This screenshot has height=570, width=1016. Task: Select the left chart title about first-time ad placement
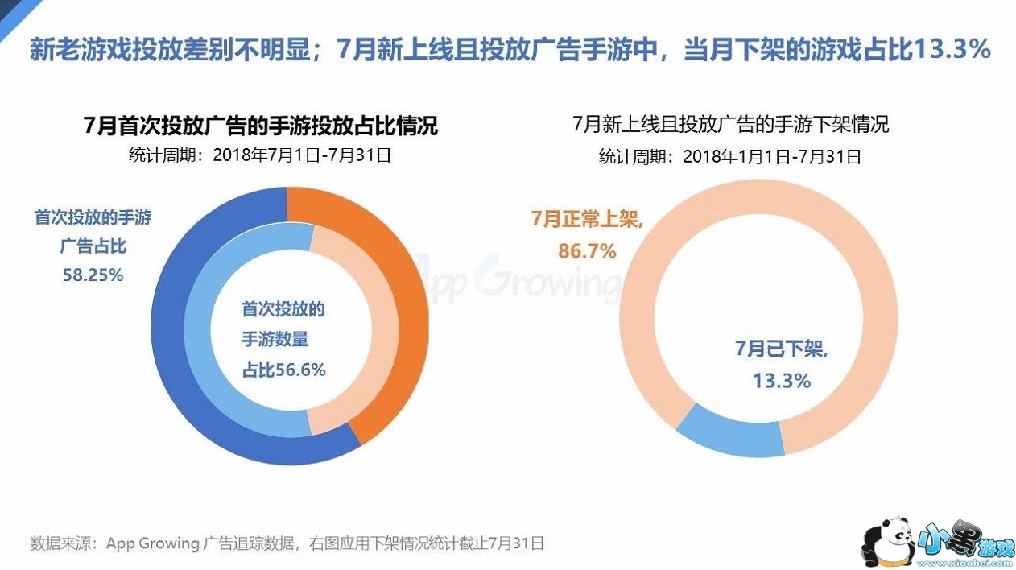click(261, 126)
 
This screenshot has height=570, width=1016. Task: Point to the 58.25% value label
click(93, 275)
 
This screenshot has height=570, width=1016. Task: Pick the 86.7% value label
click(587, 251)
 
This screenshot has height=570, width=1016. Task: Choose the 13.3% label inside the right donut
click(781, 380)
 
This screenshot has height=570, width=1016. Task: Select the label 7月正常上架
click(587, 220)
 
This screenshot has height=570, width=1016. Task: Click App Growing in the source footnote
click(152, 543)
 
